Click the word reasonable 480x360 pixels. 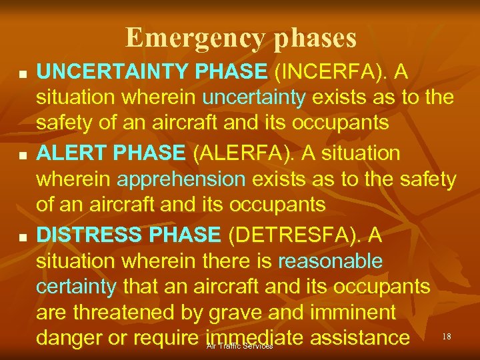pos(331,261)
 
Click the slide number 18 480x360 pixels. pos(447,337)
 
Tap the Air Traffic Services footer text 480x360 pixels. pos(239,347)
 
